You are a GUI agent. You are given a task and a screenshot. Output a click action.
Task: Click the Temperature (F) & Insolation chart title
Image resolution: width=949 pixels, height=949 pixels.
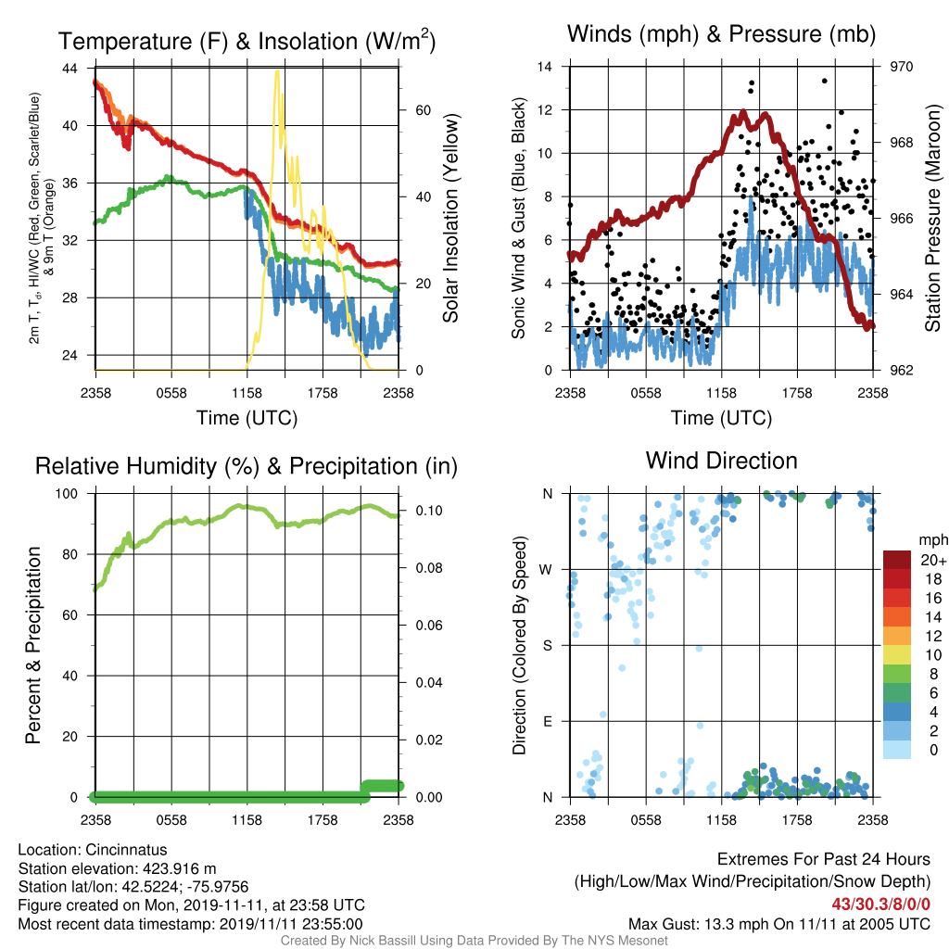point(247,41)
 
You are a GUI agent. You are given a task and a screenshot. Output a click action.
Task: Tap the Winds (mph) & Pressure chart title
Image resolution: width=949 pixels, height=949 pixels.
point(721,34)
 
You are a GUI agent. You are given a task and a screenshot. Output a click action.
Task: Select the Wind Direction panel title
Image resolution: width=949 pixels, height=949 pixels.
point(721,461)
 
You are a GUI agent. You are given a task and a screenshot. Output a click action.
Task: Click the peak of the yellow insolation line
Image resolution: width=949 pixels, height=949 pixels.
point(277,72)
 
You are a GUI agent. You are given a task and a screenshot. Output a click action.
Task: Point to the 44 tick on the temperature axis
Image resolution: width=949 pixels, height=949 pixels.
point(70,69)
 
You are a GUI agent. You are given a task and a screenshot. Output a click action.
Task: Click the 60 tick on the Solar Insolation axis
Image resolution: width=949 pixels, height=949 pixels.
point(423,110)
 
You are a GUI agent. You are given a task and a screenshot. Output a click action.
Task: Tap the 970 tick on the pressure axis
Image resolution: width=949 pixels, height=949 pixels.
point(901,67)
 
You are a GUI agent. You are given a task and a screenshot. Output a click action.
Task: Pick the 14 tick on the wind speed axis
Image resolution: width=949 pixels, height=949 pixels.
point(545,67)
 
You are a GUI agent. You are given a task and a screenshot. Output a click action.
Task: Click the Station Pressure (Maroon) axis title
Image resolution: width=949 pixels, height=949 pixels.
point(932,218)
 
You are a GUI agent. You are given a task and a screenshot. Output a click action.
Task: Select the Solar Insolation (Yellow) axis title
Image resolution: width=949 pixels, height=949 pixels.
point(451,218)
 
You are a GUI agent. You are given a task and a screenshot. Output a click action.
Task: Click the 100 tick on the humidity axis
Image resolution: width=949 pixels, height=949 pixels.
point(67,493)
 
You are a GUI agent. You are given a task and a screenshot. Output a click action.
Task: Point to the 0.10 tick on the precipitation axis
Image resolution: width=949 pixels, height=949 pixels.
point(429,511)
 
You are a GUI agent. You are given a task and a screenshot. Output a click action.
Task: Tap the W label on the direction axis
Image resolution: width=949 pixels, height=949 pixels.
point(546,570)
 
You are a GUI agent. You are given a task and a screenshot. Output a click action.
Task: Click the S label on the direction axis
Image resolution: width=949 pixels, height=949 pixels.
point(547,646)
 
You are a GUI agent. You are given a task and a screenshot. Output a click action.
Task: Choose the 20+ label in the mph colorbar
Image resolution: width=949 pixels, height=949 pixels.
point(933,561)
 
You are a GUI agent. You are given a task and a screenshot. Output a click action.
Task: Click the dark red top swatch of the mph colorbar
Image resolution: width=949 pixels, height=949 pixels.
point(897,560)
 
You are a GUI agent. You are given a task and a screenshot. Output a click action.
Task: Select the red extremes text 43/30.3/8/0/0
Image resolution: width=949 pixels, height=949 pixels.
point(880,905)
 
